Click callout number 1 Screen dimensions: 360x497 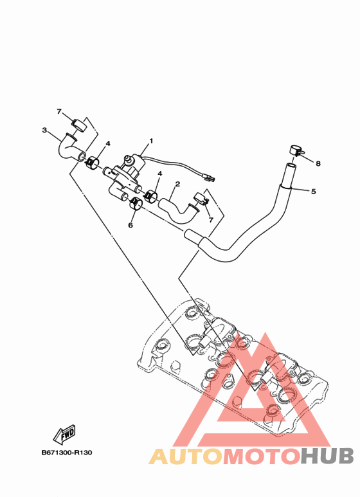click(x=151, y=141)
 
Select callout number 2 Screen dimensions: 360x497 click(x=177, y=184)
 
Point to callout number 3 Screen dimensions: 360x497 click(x=45, y=130)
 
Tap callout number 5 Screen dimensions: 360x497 click(x=314, y=192)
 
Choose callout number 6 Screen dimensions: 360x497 click(x=130, y=225)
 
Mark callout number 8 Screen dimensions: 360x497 click(x=318, y=163)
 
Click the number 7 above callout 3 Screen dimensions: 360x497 click(x=59, y=112)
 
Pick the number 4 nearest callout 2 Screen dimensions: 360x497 click(x=160, y=174)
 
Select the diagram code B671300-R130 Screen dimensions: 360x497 click(x=67, y=453)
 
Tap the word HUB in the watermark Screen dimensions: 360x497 click(x=327, y=456)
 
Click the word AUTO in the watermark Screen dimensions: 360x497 click(x=186, y=456)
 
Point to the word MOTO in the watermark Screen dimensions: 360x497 click(x=262, y=456)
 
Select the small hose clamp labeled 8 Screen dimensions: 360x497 click(x=295, y=150)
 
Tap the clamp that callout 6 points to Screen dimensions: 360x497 click(x=136, y=203)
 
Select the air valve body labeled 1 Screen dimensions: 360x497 click(x=125, y=174)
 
